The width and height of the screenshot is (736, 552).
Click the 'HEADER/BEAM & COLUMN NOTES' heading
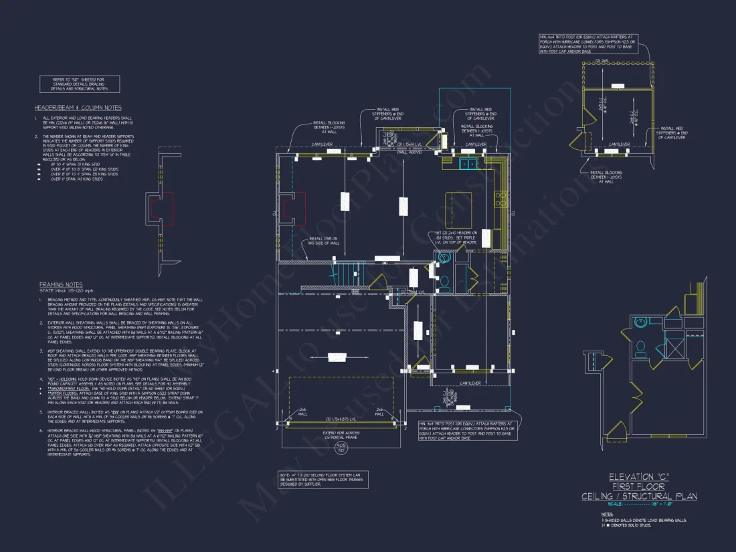pos(78,108)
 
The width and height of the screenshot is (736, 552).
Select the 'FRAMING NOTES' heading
pos(60,284)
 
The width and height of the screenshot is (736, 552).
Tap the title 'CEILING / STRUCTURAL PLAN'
pos(639,496)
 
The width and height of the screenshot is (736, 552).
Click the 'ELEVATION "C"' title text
pos(639,477)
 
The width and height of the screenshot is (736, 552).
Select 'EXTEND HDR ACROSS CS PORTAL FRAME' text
pos(341,434)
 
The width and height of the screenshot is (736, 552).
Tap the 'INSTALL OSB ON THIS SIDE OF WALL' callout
pos(324,241)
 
